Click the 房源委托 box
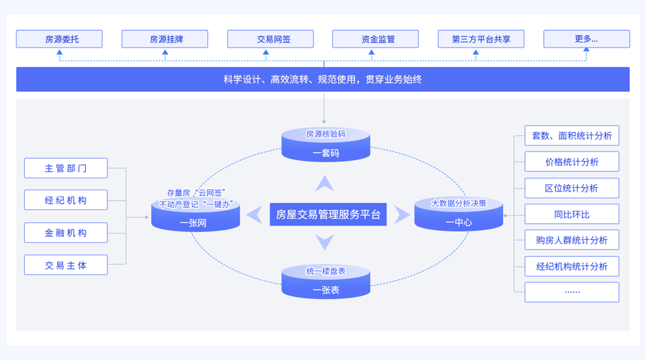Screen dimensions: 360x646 (59, 39)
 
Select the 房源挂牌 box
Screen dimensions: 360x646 (165, 39)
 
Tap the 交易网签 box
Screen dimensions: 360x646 (270, 39)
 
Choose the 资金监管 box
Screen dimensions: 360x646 (375, 39)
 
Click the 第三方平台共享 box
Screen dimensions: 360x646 (481, 39)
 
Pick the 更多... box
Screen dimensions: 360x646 (586, 39)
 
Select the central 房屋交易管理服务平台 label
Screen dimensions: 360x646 (328, 214)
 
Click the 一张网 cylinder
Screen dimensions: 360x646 (195, 214)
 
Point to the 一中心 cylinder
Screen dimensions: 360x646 (458, 214)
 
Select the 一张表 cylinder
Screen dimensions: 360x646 (326, 282)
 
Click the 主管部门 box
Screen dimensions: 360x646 (65, 168)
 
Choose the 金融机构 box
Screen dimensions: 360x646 (65, 233)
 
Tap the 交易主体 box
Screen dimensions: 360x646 (65, 265)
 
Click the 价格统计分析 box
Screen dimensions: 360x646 (572, 162)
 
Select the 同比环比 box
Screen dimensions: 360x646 (572, 214)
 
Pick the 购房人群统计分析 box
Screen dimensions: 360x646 (572, 240)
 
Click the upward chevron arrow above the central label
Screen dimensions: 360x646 (324, 183)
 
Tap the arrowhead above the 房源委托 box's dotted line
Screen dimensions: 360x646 (60, 53)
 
